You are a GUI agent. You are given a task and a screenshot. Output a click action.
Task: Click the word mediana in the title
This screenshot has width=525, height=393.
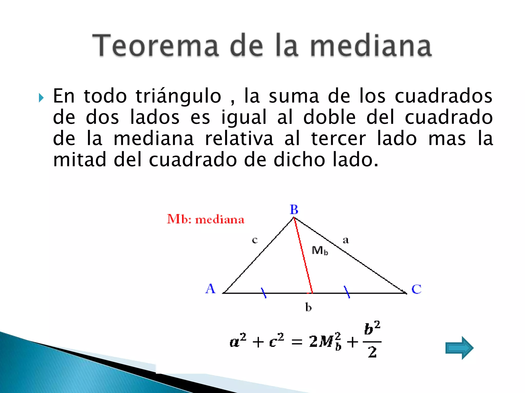pyautogui.click(x=371, y=46)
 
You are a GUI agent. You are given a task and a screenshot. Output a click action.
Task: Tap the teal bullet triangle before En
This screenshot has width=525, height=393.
pyautogui.click(x=41, y=98)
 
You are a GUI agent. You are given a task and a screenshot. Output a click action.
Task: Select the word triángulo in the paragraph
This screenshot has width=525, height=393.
pyautogui.click(x=178, y=96)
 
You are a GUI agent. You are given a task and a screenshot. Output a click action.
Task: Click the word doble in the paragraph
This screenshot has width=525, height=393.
pyautogui.click(x=329, y=117)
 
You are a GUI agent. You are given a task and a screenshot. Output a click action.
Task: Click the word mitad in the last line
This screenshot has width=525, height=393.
pyautogui.click(x=79, y=160)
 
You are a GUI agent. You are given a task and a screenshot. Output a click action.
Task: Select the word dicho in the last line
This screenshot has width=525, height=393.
pyautogui.click(x=299, y=160)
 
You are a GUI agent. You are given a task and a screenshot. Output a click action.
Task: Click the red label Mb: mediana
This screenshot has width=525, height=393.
pyautogui.click(x=206, y=220)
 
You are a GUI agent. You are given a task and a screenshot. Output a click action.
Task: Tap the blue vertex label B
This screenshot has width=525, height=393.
pyautogui.click(x=294, y=210)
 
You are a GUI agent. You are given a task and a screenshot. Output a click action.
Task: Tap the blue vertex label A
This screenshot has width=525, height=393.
pyautogui.click(x=210, y=289)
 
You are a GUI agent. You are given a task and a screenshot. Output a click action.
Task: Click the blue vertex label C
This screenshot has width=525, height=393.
pyautogui.click(x=416, y=289)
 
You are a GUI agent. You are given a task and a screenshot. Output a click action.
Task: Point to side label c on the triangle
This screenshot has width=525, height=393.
pyautogui.click(x=255, y=240)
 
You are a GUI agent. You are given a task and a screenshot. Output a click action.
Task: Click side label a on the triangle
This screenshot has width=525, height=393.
pyautogui.click(x=346, y=240)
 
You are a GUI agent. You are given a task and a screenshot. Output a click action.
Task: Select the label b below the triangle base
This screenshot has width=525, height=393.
pyautogui.click(x=308, y=307)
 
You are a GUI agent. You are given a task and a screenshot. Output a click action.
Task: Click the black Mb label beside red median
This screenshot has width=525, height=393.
pyautogui.click(x=319, y=250)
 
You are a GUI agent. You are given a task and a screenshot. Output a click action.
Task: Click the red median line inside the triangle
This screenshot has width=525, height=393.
pyautogui.click(x=303, y=256)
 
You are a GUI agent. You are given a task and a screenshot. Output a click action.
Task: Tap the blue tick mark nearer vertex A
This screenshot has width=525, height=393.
pyautogui.click(x=264, y=293)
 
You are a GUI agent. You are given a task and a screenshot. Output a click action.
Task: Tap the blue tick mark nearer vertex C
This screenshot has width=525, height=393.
pyautogui.click(x=347, y=292)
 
